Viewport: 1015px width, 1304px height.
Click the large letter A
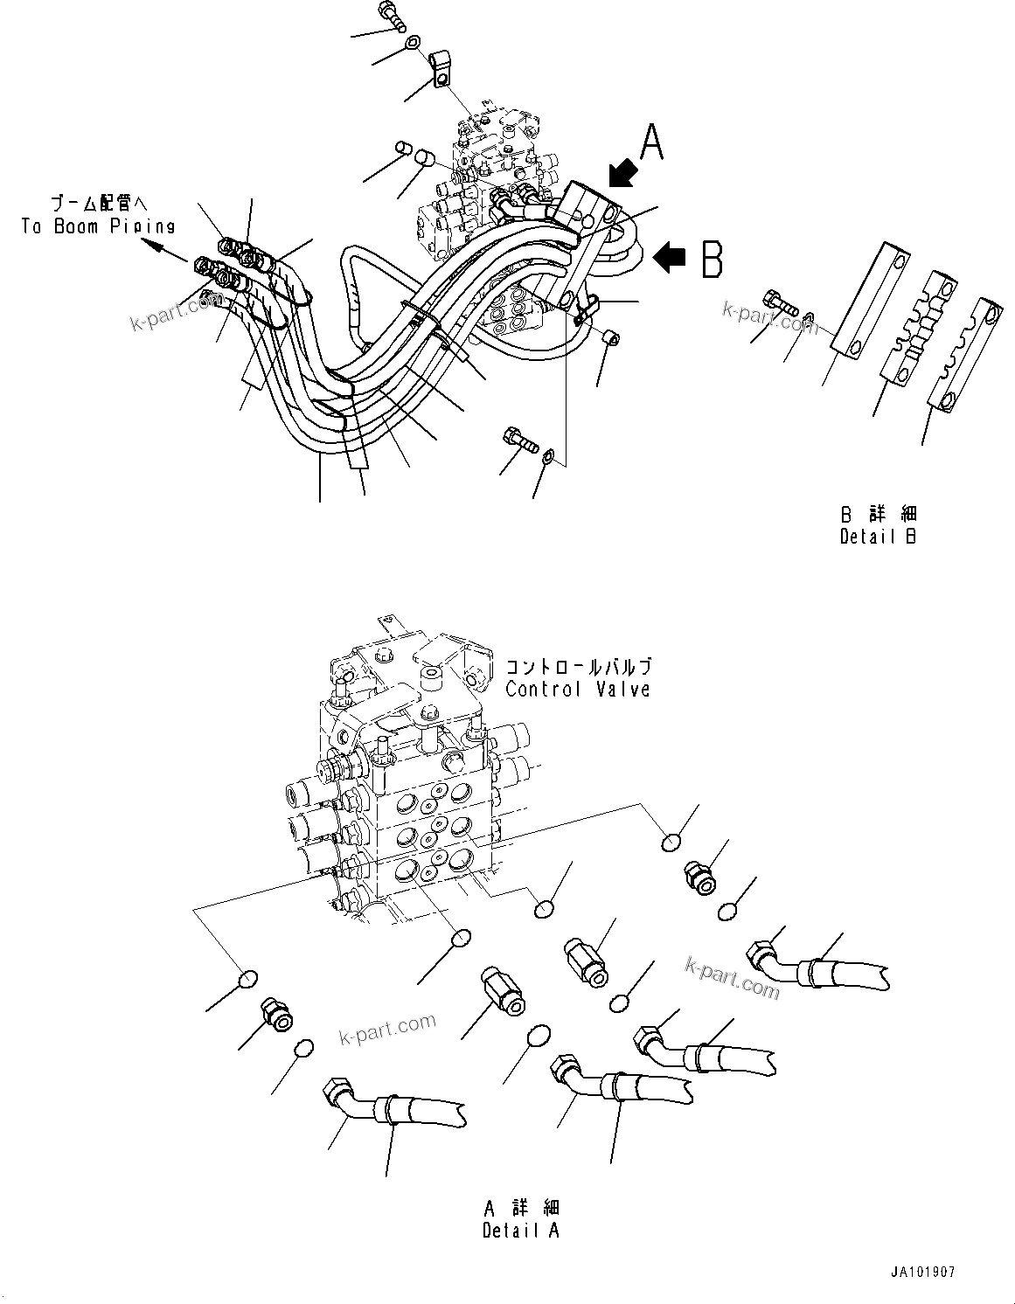pyautogui.click(x=652, y=142)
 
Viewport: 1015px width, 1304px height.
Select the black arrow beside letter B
pyautogui.click(x=670, y=257)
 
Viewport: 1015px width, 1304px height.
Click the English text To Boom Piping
pyautogui.click(x=98, y=226)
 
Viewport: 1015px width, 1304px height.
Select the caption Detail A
pyautogui.click(x=521, y=1230)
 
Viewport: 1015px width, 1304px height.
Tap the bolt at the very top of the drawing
pyautogui.click(x=388, y=13)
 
